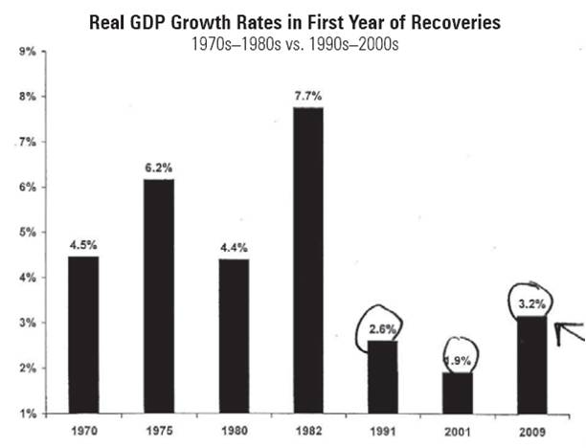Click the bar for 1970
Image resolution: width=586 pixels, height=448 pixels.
pos(83,335)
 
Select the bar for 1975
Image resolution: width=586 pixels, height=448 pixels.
pos(158,297)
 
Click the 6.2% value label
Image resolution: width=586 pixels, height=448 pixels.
pos(159,168)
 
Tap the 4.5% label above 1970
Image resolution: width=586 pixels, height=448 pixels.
pos(84,244)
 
